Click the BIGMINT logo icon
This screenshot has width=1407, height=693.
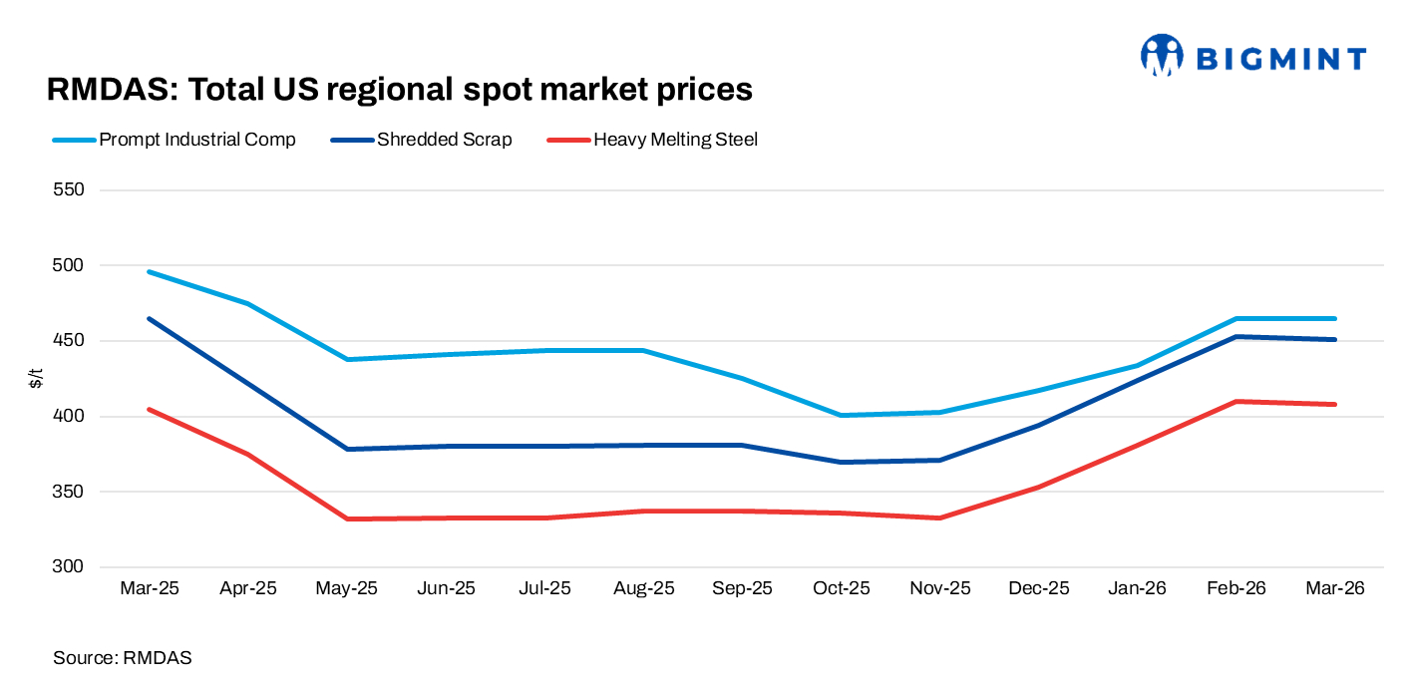[1161, 56]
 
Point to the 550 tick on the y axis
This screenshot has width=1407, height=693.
[69, 189]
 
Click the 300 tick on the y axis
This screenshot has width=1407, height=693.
[69, 567]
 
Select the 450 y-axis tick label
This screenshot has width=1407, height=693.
[69, 341]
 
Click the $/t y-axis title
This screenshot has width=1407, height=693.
[36, 379]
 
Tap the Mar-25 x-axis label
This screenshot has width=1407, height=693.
[149, 588]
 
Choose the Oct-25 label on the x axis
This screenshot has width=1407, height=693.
[841, 588]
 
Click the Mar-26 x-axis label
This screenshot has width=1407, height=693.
[1335, 588]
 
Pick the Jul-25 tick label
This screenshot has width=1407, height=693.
[544, 588]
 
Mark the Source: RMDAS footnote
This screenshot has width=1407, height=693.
[122, 658]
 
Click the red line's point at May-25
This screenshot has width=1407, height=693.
[347, 519]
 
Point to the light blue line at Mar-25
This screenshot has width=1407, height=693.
[149, 271]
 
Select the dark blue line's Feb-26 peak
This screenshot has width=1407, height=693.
[1236, 337]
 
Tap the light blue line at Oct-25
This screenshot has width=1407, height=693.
[841, 415]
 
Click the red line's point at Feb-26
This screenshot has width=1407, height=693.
[1236, 402]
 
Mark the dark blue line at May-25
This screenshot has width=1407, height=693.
[347, 449]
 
